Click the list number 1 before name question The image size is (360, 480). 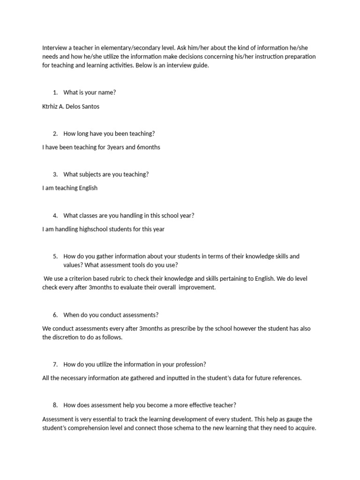pyautogui.click(x=55, y=92)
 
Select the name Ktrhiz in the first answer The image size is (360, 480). pyautogui.click(x=51, y=106)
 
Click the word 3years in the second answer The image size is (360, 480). pyautogui.click(x=117, y=147)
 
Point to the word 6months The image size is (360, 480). pyautogui.click(x=149, y=147)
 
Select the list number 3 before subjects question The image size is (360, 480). pyautogui.click(x=55, y=174)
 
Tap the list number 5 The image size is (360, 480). pyautogui.click(x=55, y=256)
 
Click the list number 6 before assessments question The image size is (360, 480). pyautogui.click(x=55, y=315)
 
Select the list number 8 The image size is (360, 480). pyautogui.click(x=55, y=405)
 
